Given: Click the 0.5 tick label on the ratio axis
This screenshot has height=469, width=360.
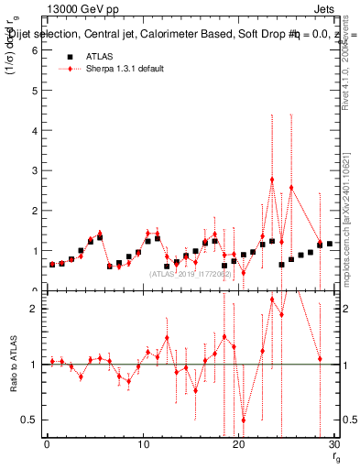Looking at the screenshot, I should pyautogui.click(x=28, y=420).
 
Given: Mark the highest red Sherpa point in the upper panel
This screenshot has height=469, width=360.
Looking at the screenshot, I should pyautogui.click(x=272, y=180).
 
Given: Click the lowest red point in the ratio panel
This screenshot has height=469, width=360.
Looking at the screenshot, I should pyautogui.click(x=244, y=420).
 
